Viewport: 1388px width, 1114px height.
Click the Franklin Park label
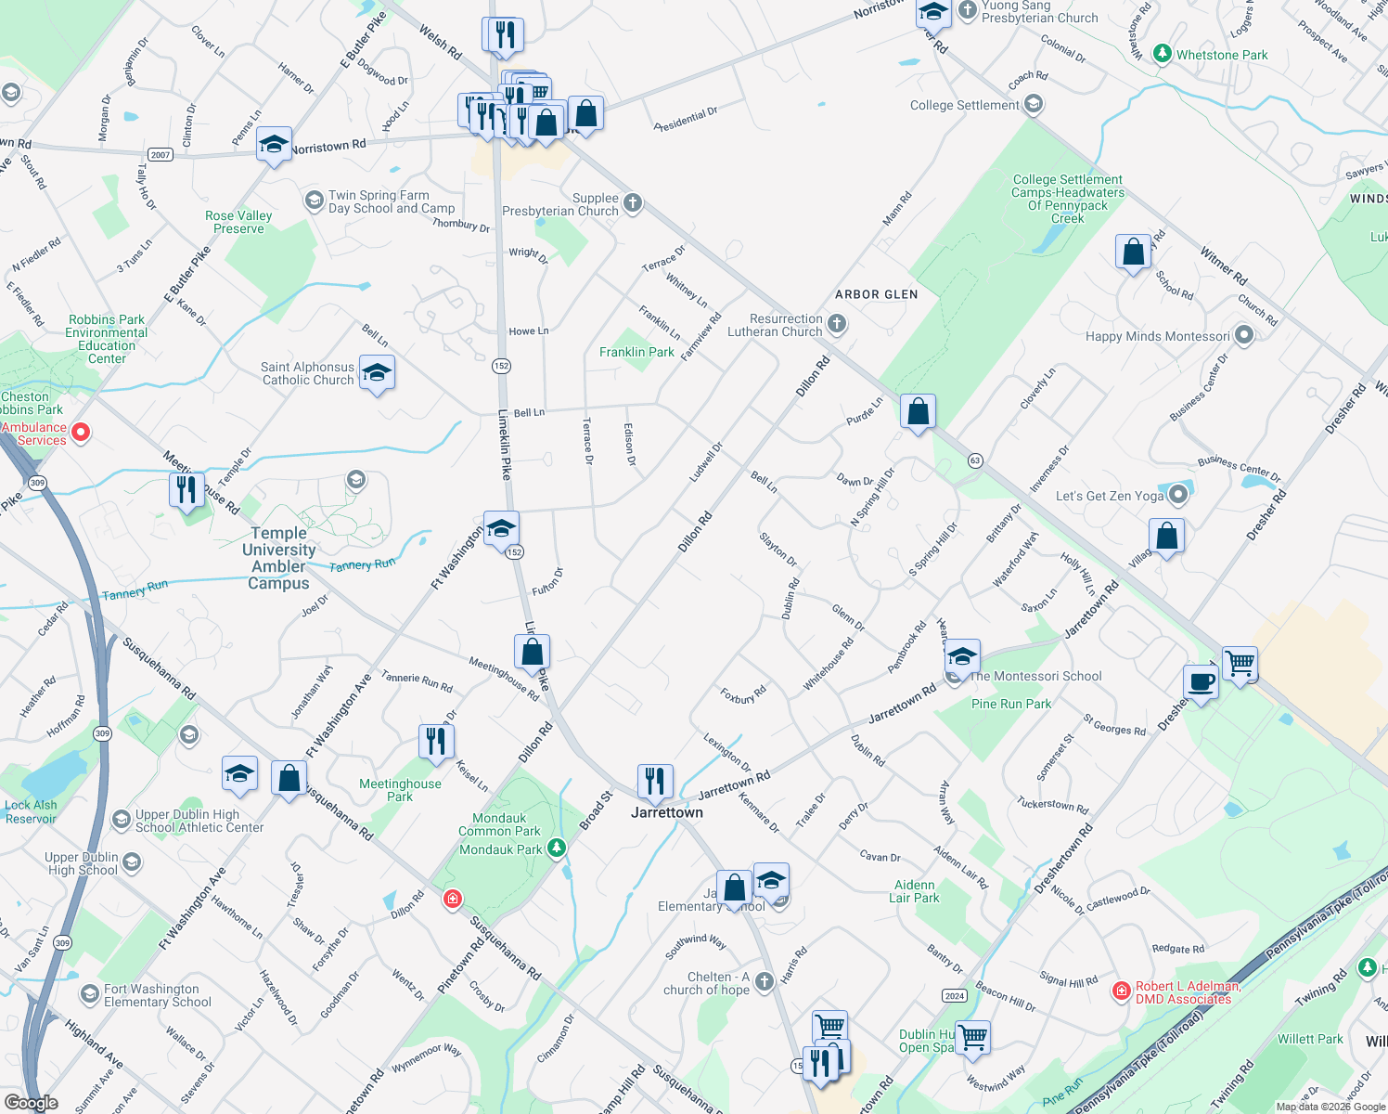tap(636, 353)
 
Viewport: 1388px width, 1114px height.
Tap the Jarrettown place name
tap(667, 813)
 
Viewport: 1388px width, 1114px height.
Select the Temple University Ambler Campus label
tap(278, 558)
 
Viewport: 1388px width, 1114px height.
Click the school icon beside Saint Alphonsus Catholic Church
tap(376, 373)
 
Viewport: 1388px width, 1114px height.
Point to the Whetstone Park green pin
tap(1162, 54)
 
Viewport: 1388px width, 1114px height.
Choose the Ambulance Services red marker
tap(81, 432)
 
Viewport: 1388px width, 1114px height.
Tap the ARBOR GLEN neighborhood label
tap(876, 294)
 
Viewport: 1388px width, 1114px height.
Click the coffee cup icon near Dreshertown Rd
tap(1201, 682)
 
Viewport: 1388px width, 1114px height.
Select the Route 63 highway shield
tap(975, 460)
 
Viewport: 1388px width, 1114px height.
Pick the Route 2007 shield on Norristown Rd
tap(161, 155)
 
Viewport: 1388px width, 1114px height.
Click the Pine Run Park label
tap(1011, 705)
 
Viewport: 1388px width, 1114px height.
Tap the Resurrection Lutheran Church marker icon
tap(837, 324)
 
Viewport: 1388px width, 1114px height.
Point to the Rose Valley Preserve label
tap(238, 223)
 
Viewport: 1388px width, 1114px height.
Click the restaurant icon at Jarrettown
tap(655, 782)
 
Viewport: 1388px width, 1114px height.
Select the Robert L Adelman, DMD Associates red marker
tap(1121, 991)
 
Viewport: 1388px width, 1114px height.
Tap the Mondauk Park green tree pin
tap(556, 848)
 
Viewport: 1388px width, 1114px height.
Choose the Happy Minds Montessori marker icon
tap(1244, 336)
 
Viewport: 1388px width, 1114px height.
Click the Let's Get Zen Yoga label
tap(1109, 497)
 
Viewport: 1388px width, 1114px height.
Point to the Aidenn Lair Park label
tap(914, 892)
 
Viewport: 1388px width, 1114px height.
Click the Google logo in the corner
tap(31, 1103)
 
